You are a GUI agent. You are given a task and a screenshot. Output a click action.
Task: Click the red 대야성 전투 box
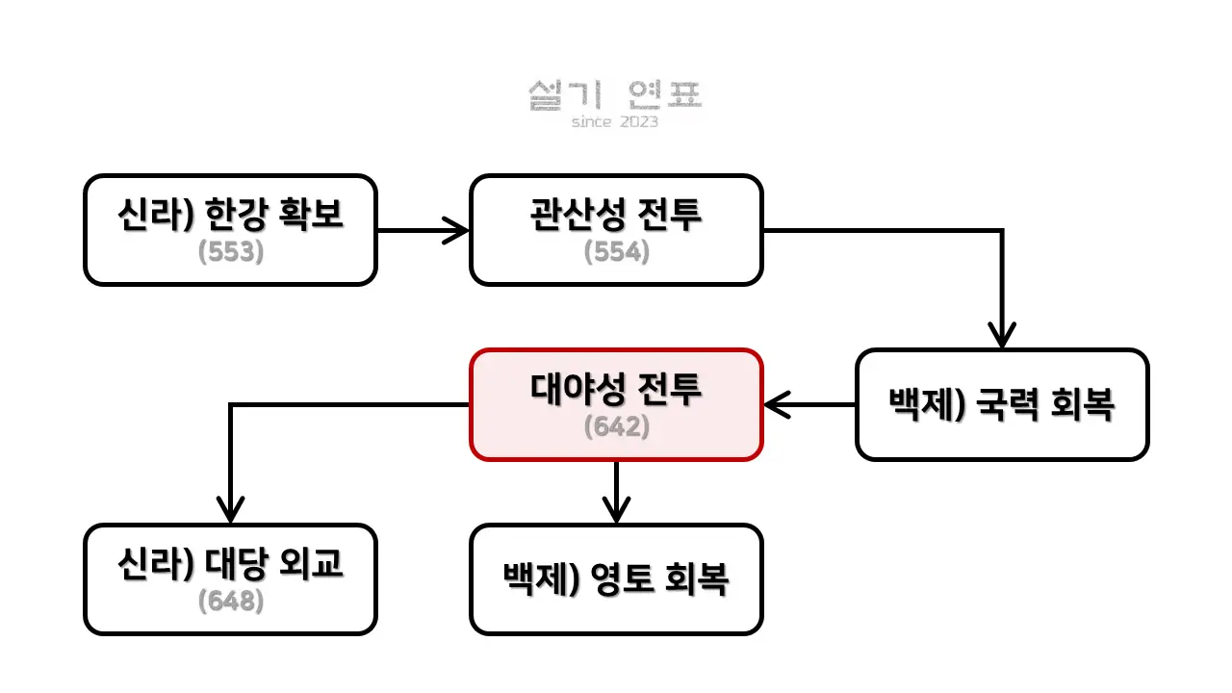616,404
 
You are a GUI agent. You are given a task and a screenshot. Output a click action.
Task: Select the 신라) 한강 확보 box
230,230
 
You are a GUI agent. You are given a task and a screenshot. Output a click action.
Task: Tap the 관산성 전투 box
616,230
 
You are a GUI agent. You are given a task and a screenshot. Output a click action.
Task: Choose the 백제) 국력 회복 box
1002,404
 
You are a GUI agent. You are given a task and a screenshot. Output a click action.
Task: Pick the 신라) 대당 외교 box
230,579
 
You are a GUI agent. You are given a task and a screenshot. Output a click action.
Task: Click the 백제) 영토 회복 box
616,579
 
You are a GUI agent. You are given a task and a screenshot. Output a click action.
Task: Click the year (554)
616,252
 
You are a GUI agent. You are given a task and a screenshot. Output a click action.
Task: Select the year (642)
616,426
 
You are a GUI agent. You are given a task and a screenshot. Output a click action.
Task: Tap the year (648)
230,602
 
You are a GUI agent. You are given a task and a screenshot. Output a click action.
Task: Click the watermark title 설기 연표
616,95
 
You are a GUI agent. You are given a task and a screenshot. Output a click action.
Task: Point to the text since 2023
615,122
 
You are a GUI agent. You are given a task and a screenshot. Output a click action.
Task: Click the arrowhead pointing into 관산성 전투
458,230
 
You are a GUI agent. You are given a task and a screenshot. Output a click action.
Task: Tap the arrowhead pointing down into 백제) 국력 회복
1002,337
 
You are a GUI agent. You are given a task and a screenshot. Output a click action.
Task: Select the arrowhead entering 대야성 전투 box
776,404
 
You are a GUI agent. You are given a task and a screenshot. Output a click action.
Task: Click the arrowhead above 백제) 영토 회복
616,511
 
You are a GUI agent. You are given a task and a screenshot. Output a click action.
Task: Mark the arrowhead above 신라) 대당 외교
230,511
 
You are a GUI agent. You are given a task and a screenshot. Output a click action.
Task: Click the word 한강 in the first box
253,217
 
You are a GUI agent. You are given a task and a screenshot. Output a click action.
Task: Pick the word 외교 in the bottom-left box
314,565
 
